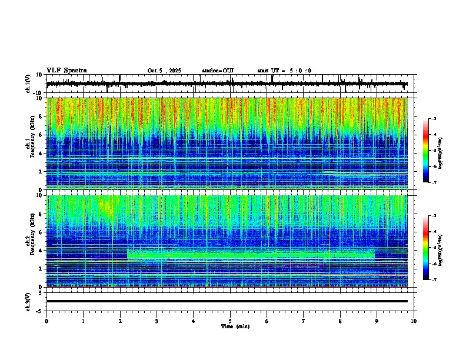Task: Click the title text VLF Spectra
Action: [66, 70]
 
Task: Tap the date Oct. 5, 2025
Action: [164, 71]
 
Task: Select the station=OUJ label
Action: [218, 71]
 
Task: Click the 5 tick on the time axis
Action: [230, 321]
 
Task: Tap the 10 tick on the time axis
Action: [414, 321]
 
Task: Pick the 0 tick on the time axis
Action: [46, 321]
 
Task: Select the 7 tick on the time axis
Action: [304, 321]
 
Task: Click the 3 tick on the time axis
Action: [157, 321]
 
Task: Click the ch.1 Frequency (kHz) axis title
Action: [30, 144]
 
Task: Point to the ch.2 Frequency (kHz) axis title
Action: [30, 241]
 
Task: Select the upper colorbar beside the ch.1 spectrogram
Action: [426, 151]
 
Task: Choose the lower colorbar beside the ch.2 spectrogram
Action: [426, 248]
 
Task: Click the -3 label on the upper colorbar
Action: [433, 119]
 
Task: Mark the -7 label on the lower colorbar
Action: [433, 279]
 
